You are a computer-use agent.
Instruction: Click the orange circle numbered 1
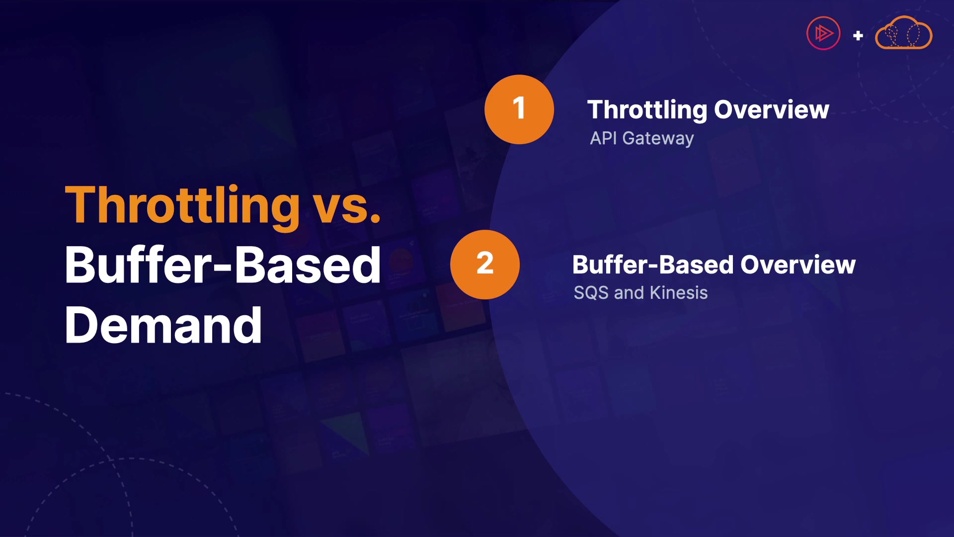pyautogui.click(x=519, y=109)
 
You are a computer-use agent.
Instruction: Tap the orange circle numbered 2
pyautogui.click(x=485, y=264)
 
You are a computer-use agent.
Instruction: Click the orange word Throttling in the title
pyautogui.click(x=182, y=206)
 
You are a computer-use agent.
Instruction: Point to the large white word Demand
pyautogui.click(x=163, y=325)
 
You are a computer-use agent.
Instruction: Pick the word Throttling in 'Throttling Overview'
pyautogui.click(x=647, y=110)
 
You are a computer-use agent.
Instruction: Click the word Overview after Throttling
pyautogui.click(x=772, y=109)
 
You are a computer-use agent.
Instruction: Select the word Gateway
pyautogui.click(x=658, y=139)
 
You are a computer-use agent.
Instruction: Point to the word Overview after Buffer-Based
pyautogui.click(x=798, y=265)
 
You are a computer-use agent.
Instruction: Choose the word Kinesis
pyautogui.click(x=679, y=292)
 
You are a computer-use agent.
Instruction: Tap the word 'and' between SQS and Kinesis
pyautogui.click(x=629, y=292)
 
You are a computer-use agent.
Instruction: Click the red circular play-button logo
pyautogui.click(x=823, y=33)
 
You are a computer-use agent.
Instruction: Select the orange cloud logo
pyautogui.click(x=903, y=33)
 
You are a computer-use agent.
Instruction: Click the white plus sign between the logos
pyautogui.click(x=858, y=35)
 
